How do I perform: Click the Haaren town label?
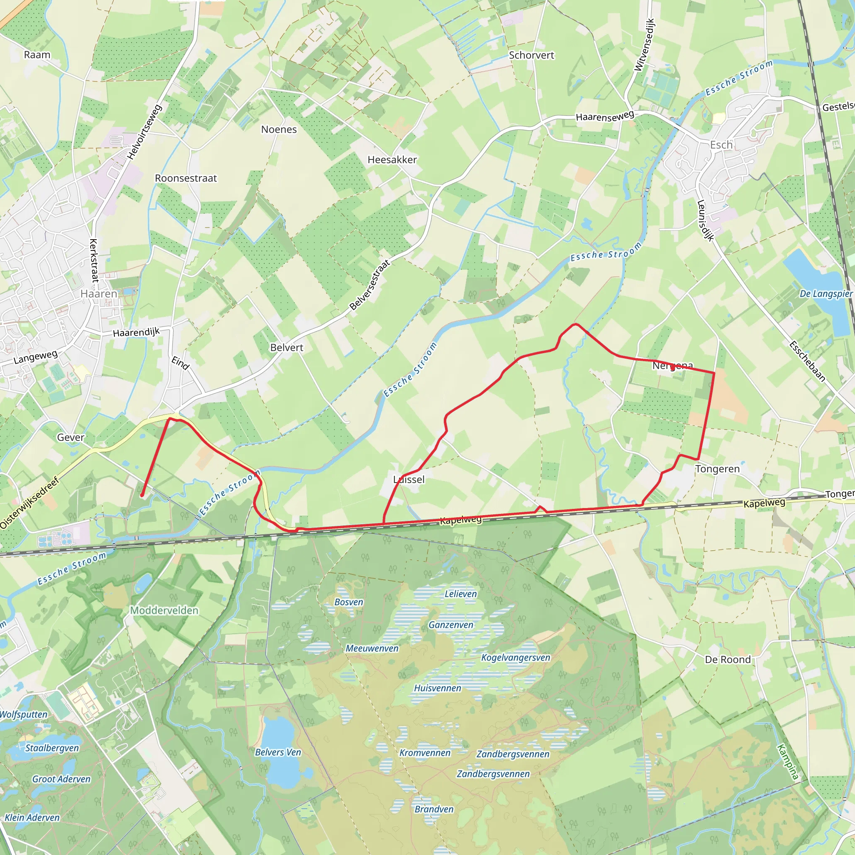[99, 294]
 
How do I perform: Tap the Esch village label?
[721, 145]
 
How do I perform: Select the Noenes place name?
[279, 129]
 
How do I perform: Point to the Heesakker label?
[392, 160]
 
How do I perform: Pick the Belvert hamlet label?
[287, 347]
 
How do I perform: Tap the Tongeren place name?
[717, 469]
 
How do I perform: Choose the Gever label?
[71, 437]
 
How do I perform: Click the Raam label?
[37, 55]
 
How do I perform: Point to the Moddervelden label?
[164, 611]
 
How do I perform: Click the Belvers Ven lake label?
[278, 752]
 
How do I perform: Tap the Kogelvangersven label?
[516, 658]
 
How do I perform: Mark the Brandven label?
[434, 809]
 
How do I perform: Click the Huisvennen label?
[437, 688]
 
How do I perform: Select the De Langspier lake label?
[826, 294]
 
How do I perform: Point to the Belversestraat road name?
[370, 285]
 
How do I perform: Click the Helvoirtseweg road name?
[145, 132]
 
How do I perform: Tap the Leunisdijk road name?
[706, 221]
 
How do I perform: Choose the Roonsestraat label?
[186, 178]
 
